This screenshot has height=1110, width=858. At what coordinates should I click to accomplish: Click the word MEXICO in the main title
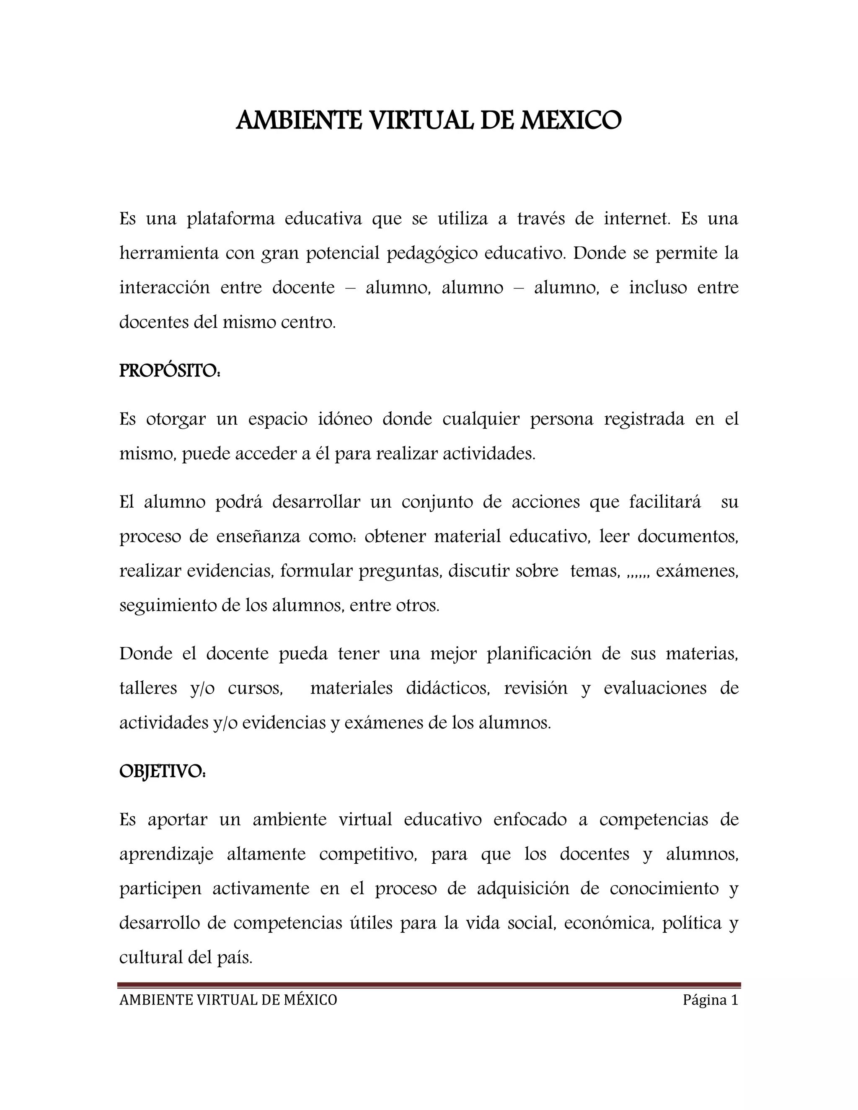[569, 121]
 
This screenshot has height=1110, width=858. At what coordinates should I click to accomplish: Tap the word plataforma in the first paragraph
[231, 219]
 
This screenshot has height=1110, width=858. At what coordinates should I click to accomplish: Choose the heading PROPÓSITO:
[170, 372]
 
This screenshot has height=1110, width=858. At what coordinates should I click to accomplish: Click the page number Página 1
[710, 1000]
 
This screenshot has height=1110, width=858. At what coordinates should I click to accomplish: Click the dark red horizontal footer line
[429, 985]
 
